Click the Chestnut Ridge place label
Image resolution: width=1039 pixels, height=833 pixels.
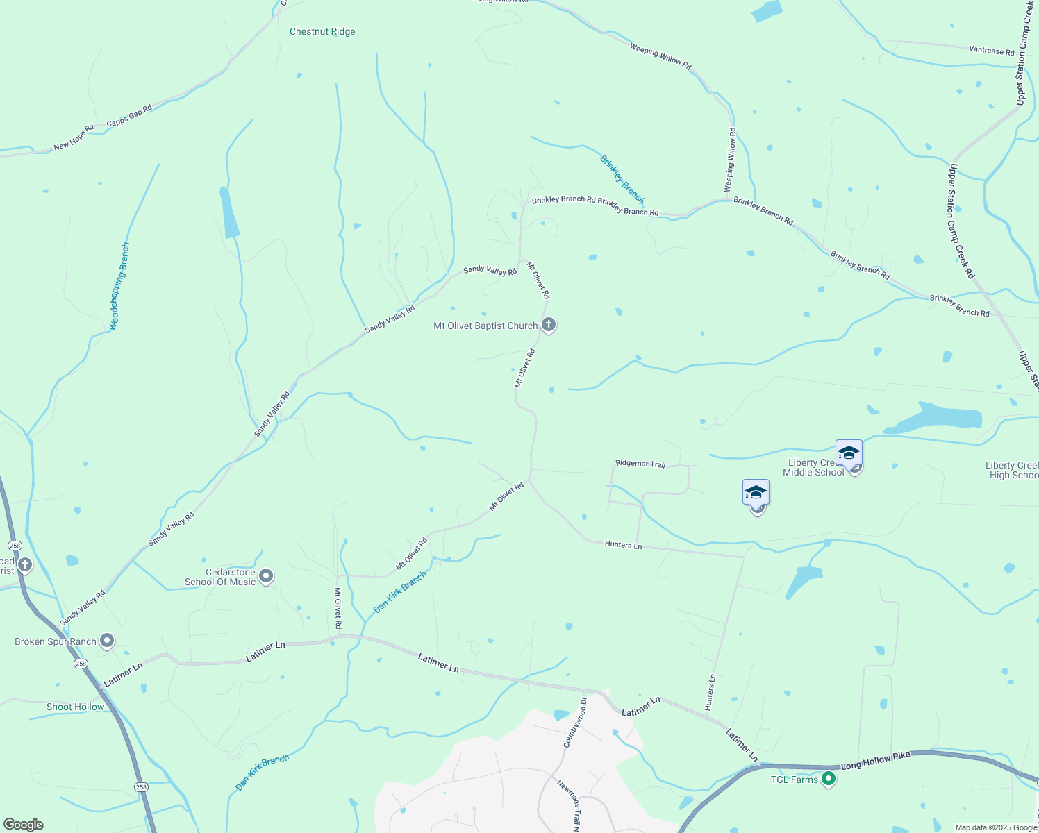322,32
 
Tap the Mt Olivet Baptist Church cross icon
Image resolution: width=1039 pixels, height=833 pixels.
549,325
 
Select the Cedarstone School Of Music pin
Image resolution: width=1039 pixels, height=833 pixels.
265,576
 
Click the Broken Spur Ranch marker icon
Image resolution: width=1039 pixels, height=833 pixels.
106,641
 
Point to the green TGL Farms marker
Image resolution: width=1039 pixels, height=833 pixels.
828,780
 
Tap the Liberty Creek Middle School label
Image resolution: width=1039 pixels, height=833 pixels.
813,468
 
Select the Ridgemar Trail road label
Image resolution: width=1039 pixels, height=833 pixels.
640,464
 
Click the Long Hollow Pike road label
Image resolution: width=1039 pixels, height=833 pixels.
875,761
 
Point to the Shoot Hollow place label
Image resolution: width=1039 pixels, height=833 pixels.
75,707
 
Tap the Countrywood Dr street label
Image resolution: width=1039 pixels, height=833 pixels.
576,722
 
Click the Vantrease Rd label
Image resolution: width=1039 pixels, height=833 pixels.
991,50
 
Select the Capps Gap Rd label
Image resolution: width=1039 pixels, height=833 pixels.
129,117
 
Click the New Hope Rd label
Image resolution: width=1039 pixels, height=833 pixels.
74,137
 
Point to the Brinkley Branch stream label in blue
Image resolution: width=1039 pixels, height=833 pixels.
622,180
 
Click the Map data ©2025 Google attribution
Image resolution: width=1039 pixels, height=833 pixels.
995,827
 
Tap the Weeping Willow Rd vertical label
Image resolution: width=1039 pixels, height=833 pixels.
730,160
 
